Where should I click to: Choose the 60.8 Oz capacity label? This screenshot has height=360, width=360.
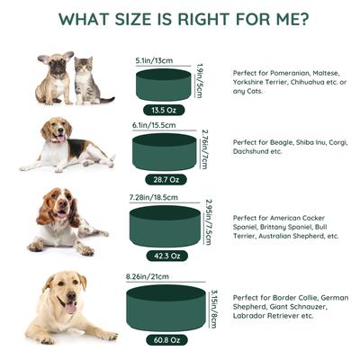click(x=165, y=339)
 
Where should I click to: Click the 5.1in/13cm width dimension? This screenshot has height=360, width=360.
click(x=154, y=60)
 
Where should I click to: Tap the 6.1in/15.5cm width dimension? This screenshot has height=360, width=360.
click(x=153, y=126)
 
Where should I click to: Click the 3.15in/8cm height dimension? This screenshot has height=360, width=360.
click(x=213, y=308)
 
